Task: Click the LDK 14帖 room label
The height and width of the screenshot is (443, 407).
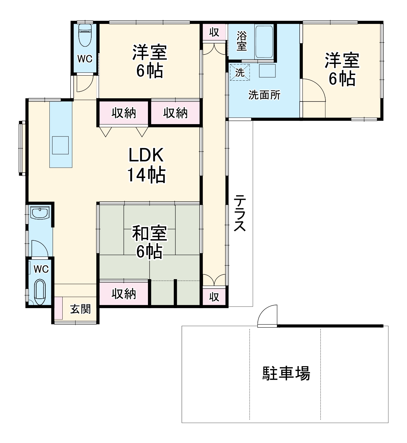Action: [x=146, y=165]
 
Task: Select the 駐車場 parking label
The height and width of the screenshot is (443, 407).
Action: [x=286, y=373]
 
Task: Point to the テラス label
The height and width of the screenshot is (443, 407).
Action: [x=240, y=213]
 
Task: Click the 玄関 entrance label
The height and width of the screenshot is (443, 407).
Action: [x=80, y=309]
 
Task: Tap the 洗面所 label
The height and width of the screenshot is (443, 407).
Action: [x=264, y=95]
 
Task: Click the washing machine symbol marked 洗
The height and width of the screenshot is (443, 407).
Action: [x=240, y=72]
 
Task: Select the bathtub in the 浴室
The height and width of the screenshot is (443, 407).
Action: [x=264, y=42]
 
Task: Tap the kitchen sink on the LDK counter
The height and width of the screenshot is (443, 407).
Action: [x=60, y=145]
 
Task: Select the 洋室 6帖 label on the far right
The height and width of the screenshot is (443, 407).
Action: [x=342, y=69]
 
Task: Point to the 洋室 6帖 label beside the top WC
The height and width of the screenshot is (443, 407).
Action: [x=150, y=61]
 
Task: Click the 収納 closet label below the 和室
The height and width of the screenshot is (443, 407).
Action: [x=124, y=294]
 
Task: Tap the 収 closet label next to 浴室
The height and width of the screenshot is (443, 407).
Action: [x=214, y=32]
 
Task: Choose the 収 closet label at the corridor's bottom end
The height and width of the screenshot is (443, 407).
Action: [x=214, y=296]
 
